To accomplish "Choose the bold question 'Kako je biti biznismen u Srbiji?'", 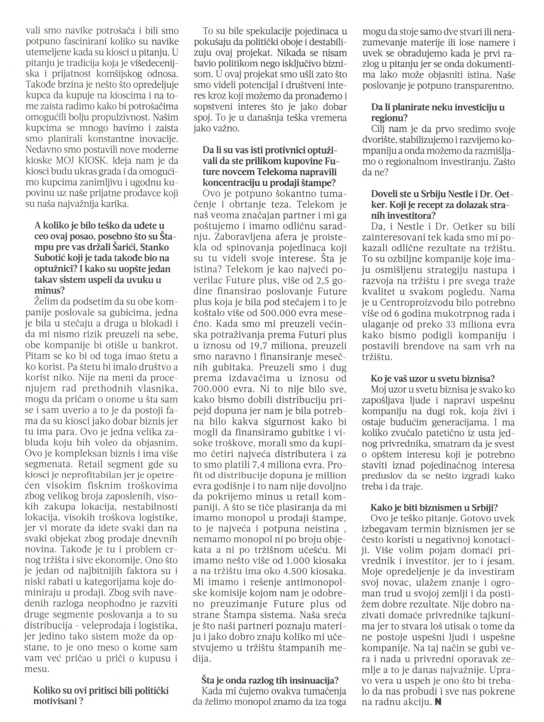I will coord(434,507).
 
